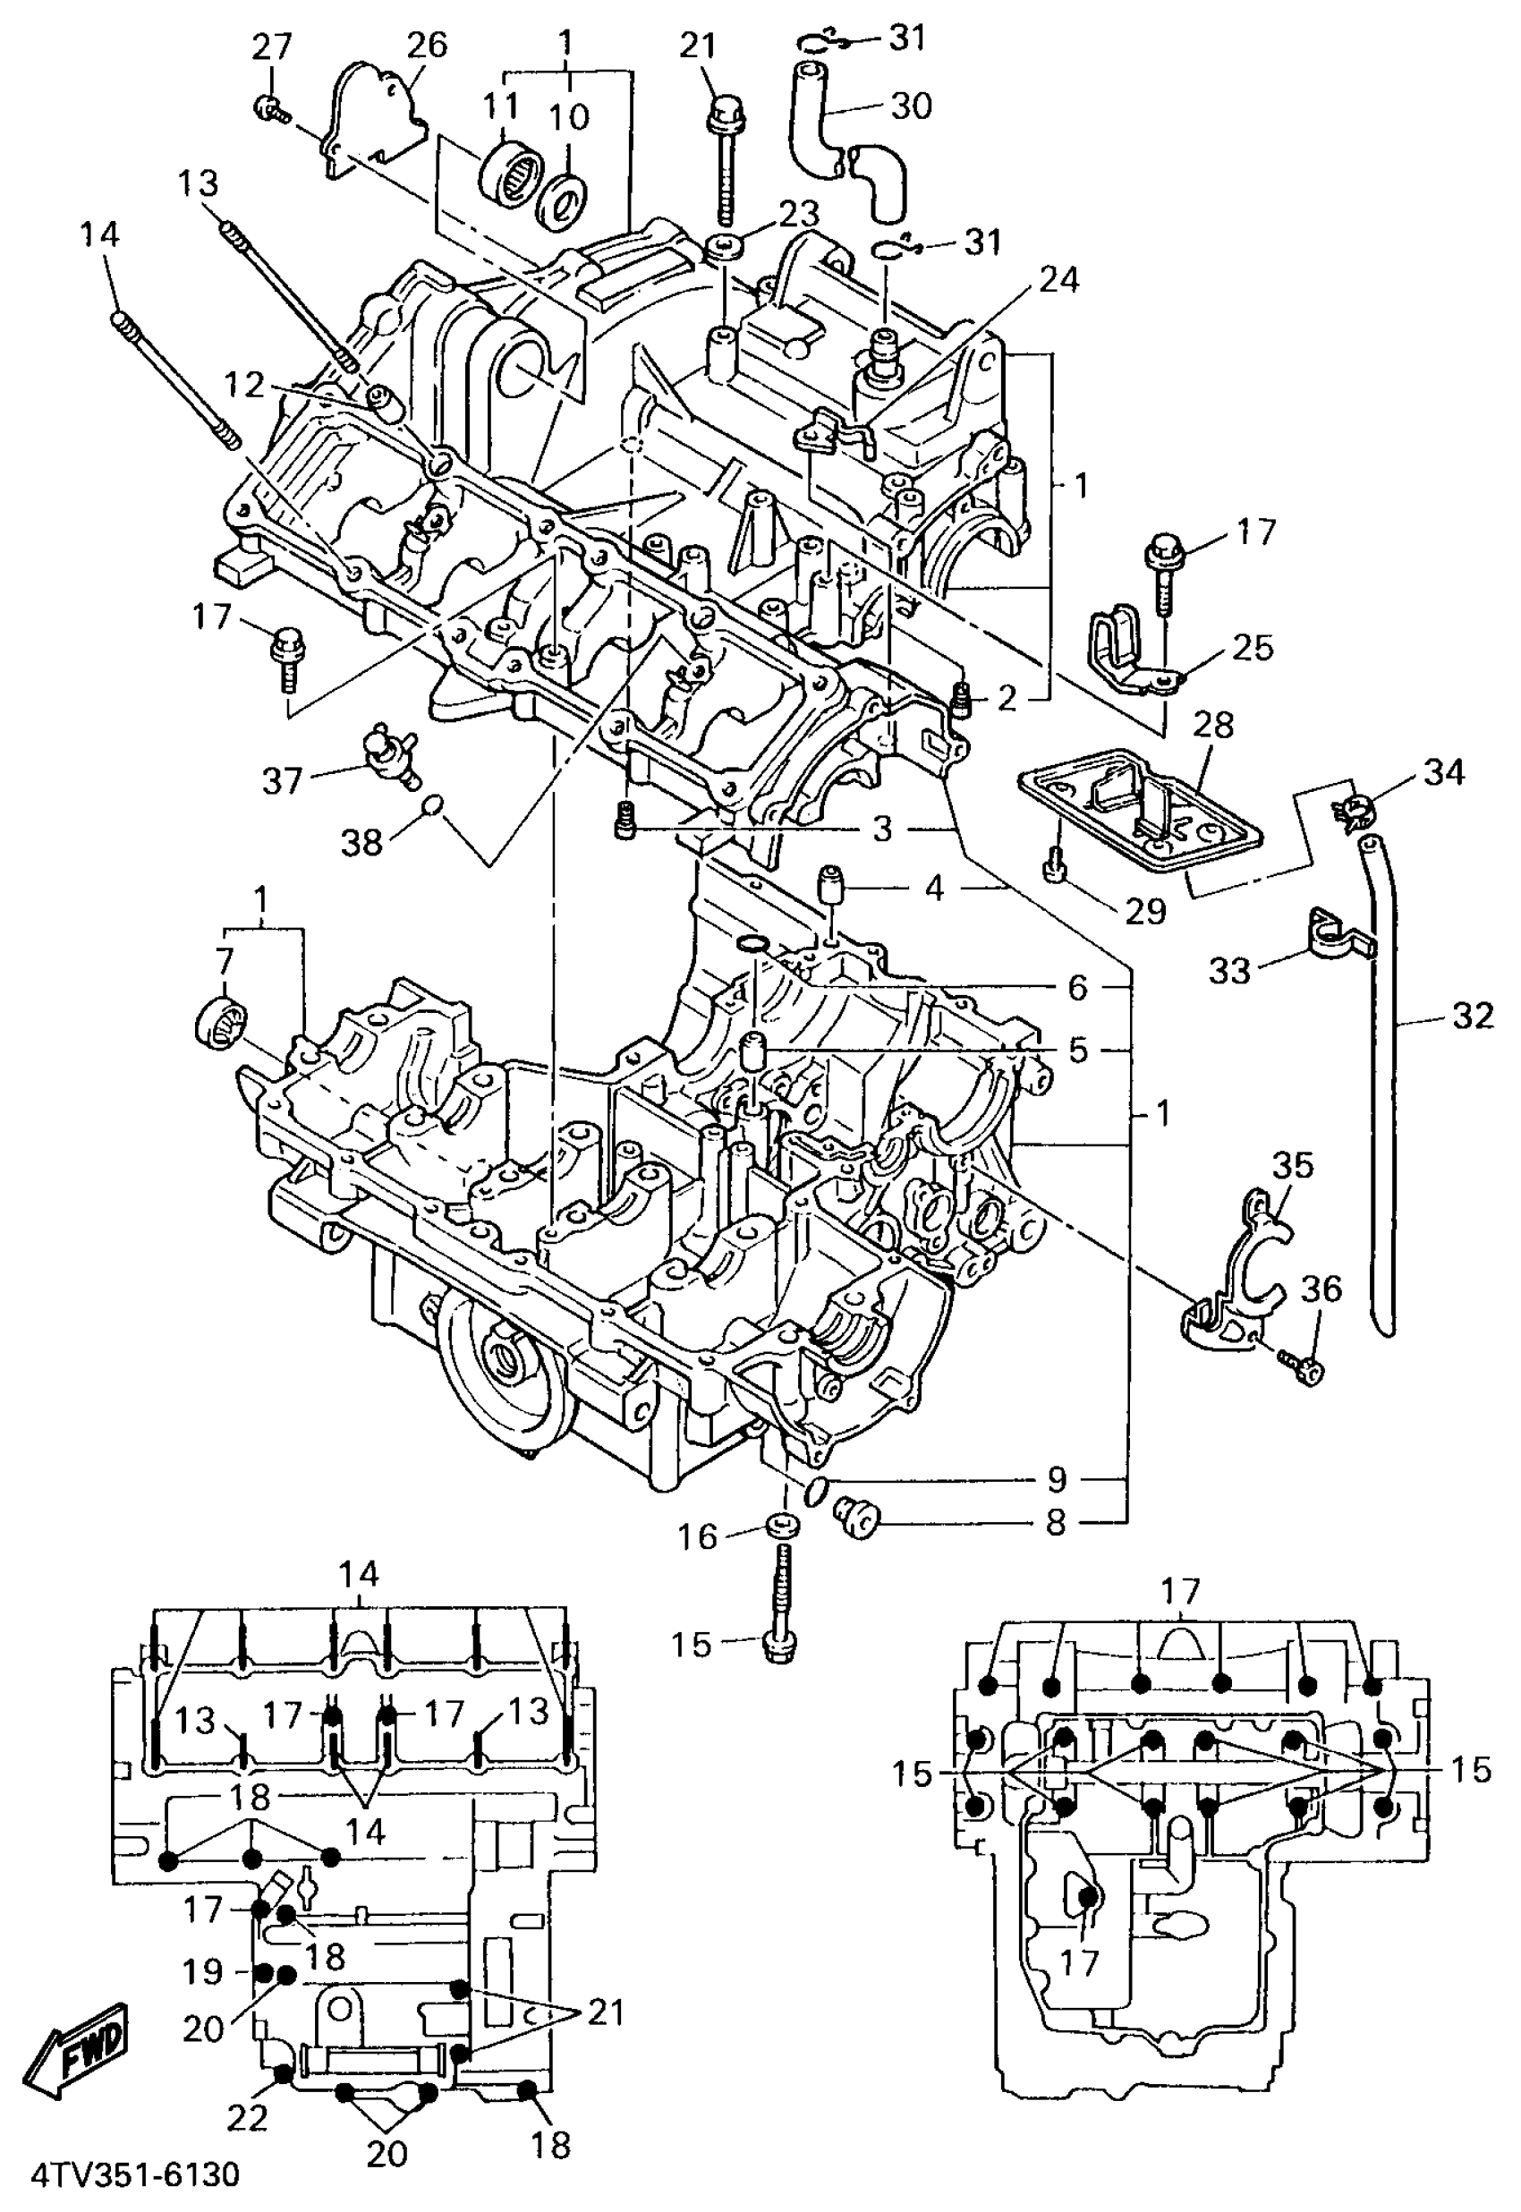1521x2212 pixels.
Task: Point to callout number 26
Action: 426,46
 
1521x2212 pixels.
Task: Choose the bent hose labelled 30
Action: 838,133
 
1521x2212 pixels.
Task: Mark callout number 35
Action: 1293,1165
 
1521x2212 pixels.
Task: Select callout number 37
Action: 283,781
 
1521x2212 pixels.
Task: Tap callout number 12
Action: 243,385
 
